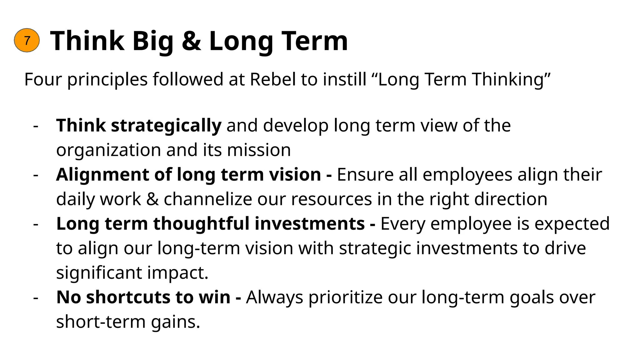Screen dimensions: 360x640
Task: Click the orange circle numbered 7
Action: coord(27,40)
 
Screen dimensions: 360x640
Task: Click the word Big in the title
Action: coord(152,42)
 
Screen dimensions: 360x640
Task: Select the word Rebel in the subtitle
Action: coord(273,79)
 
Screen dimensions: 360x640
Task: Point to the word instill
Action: coord(344,79)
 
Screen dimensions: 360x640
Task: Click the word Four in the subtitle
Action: coord(43,79)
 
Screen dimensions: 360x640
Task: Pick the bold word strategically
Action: coord(166,126)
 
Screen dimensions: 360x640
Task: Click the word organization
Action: coord(108,150)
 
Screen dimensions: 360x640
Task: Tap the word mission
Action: coord(259,150)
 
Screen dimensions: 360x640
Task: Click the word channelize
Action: coord(208,199)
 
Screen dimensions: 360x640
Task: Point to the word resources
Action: coord(331,199)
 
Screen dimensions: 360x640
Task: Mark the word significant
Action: coord(99,272)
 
